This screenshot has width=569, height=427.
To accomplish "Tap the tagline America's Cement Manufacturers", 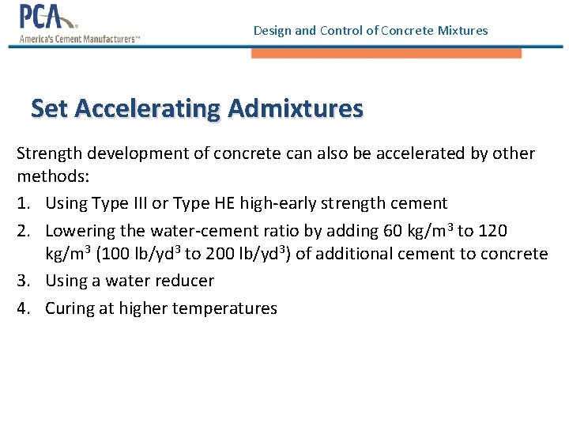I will click(x=79, y=38).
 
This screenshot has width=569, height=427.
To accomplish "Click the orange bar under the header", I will click(x=386, y=53).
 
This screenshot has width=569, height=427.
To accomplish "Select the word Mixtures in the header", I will click(x=462, y=31).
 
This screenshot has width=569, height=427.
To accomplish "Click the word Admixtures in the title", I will click(x=296, y=108).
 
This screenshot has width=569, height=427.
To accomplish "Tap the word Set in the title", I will click(x=50, y=108).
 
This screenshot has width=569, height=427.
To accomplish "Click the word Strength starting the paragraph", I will click(x=47, y=153).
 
